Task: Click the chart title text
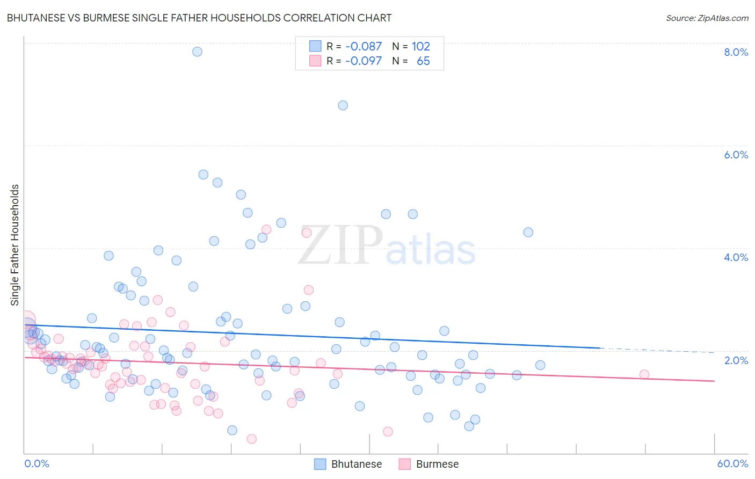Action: click(199, 18)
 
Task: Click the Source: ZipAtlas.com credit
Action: click(707, 18)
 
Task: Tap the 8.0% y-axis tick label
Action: click(736, 52)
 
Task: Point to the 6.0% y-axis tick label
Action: click(736, 155)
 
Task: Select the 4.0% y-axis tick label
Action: click(736, 257)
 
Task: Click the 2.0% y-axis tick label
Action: click(736, 360)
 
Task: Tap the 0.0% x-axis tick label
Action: click(37, 463)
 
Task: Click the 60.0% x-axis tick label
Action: click(732, 463)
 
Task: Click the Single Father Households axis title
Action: click(15, 245)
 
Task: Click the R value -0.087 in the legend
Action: click(364, 47)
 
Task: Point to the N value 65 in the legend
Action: click(423, 61)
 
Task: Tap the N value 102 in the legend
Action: click(421, 47)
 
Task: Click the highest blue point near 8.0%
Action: click(197, 52)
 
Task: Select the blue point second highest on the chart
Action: click(343, 105)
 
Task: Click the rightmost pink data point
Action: click(644, 374)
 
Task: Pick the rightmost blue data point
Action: click(540, 365)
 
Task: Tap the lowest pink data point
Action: click(251, 439)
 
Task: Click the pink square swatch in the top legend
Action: click(315, 61)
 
